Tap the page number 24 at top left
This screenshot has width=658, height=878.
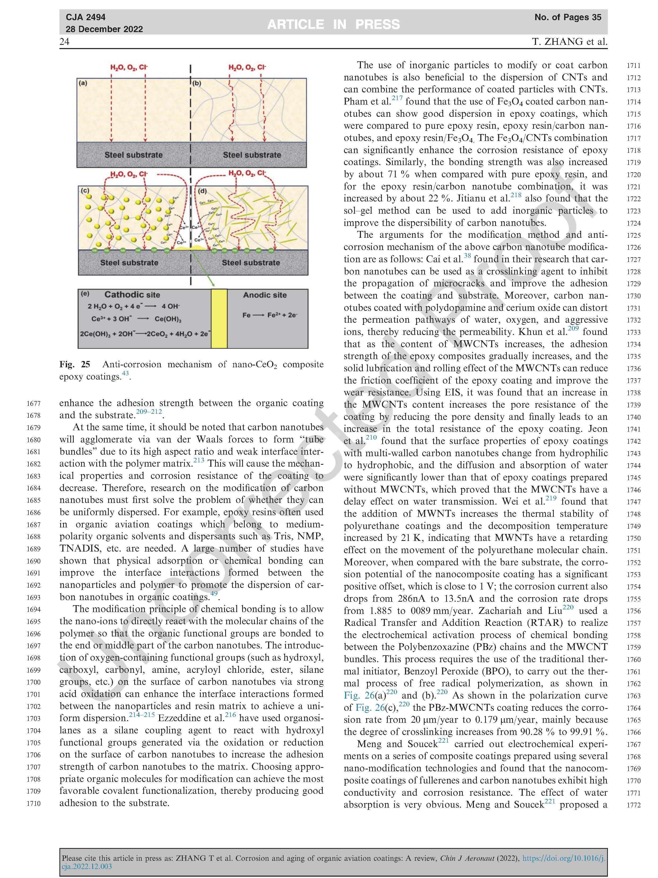(x=64, y=42)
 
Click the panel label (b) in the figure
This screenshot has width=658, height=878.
(x=197, y=83)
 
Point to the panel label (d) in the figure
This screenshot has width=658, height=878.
(x=202, y=191)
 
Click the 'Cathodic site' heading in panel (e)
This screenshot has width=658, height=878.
(x=132, y=295)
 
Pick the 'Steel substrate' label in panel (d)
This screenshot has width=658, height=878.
(x=251, y=262)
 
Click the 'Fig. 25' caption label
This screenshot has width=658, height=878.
(x=75, y=364)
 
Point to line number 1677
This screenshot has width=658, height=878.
(x=34, y=404)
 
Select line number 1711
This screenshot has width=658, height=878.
(x=633, y=66)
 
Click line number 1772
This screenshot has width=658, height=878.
(x=633, y=805)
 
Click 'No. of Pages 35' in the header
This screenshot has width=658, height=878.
(x=568, y=17)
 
